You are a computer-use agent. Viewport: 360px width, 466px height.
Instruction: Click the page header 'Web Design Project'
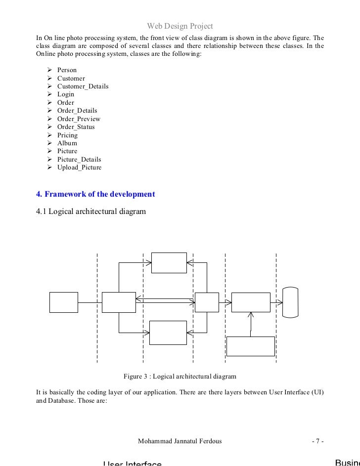[x=180, y=26]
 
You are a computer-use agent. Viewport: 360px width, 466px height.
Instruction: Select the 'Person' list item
[x=67, y=70]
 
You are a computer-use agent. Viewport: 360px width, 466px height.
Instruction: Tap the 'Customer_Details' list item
[x=83, y=86]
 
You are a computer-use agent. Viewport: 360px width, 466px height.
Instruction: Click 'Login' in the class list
[x=66, y=94]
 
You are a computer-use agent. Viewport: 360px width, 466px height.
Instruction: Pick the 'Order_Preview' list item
[x=79, y=119]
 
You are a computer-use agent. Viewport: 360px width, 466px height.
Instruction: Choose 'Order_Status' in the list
[x=76, y=127]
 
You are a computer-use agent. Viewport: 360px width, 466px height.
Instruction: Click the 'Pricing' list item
[x=67, y=135]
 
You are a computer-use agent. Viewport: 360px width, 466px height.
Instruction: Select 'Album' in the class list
[x=67, y=143]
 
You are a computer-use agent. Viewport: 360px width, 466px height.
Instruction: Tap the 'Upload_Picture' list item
[x=79, y=168]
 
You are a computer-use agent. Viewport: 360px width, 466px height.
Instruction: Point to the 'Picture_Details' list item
[x=79, y=160]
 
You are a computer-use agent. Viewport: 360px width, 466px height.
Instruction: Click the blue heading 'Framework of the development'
[x=96, y=194]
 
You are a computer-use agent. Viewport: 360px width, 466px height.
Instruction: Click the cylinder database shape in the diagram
[x=291, y=301]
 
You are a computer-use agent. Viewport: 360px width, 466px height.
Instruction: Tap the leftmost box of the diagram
[x=64, y=302]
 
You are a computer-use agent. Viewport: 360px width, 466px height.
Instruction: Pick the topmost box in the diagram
[x=169, y=262]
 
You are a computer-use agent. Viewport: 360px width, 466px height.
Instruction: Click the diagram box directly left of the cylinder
[x=251, y=302]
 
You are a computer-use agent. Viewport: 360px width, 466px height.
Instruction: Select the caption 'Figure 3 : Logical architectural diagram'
[x=180, y=376]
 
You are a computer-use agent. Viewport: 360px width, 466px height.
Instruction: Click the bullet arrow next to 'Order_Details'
[x=49, y=111]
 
